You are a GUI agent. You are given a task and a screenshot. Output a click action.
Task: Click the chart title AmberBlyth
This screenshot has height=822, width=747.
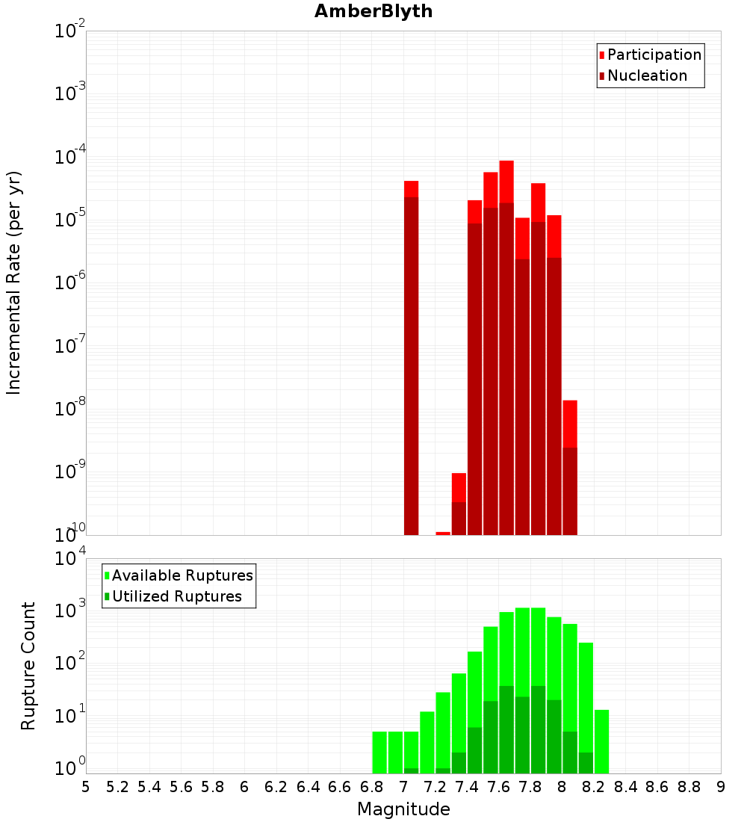373,11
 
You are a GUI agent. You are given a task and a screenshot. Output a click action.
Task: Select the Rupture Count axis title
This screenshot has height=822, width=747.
28,666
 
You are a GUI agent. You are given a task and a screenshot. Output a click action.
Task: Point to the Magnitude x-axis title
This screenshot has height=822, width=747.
403,809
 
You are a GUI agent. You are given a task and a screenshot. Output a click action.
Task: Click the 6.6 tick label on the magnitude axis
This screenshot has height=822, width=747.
340,787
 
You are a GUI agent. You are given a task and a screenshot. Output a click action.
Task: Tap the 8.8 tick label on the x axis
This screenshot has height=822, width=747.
689,787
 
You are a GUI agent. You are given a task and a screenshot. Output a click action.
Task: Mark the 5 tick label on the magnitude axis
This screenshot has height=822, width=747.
86,787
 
